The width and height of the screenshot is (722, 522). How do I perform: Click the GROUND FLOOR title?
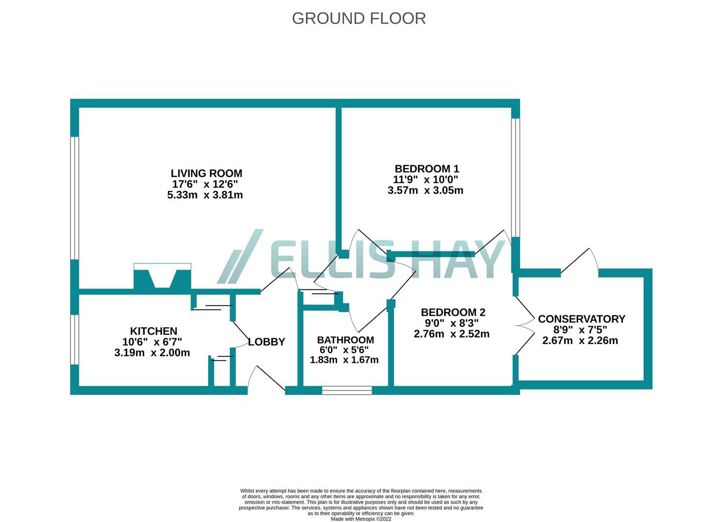pyautogui.click(x=359, y=18)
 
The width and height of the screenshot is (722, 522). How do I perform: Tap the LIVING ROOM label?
pyautogui.click(x=206, y=173)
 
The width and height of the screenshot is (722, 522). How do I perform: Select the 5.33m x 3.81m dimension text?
pyautogui.click(x=205, y=195)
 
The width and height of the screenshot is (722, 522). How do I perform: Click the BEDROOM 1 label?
pyautogui.click(x=427, y=169)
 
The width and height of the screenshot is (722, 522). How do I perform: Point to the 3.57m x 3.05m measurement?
pyautogui.click(x=425, y=190)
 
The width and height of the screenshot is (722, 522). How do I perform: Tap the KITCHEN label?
pyautogui.click(x=153, y=331)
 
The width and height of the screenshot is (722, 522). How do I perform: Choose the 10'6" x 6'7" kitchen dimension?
pyautogui.click(x=152, y=342)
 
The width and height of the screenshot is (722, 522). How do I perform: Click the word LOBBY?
pyautogui.click(x=267, y=342)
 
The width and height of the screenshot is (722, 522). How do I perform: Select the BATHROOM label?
pyautogui.click(x=346, y=340)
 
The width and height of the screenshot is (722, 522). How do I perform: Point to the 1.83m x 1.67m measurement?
pyautogui.click(x=344, y=360)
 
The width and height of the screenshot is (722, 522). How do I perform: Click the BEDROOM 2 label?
pyautogui.click(x=453, y=312)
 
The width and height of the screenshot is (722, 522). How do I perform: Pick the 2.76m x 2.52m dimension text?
pyautogui.click(x=451, y=333)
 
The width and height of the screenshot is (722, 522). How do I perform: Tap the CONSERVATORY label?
pyautogui.click(x=582, y=319)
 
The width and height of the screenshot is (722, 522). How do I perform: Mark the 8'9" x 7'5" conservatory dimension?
pyautogui.click(x=580, y=330)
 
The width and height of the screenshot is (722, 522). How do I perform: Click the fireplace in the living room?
pyautogui.click(x=163, y=275)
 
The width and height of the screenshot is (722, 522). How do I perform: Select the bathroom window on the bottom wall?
pyautogui.click(x=347, y=391)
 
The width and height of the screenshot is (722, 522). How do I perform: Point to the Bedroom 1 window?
pyautogui.click(x=515, y=178)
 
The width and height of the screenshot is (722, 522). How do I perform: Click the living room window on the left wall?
pyautogui.click(x=75, y=198)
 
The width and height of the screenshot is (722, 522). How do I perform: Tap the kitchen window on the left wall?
pyautogui.click(x=75, y=339)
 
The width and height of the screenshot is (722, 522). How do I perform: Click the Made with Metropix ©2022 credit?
pyautogui.click(x=361, y=519)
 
